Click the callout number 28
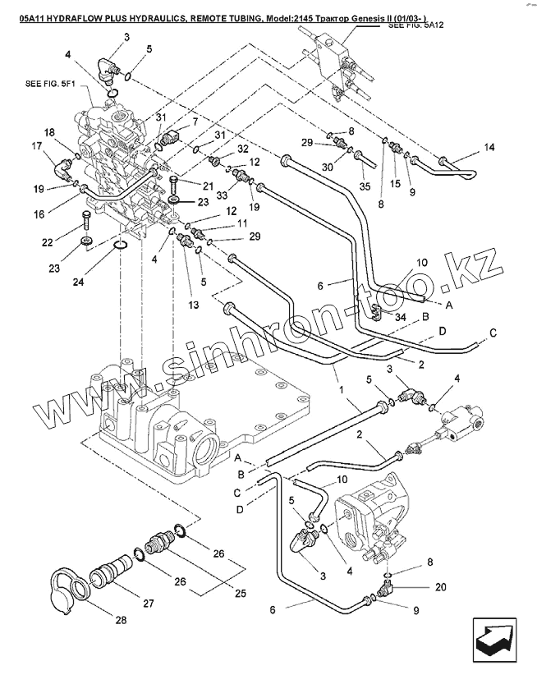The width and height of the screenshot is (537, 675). (x=121, y=620)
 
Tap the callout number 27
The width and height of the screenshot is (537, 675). (x=149, y=604)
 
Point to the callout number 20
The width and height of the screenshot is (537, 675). (x=442, y=586)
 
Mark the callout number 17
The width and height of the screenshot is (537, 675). (x=37, y=146)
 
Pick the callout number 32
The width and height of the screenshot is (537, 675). (x=243, y=149)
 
